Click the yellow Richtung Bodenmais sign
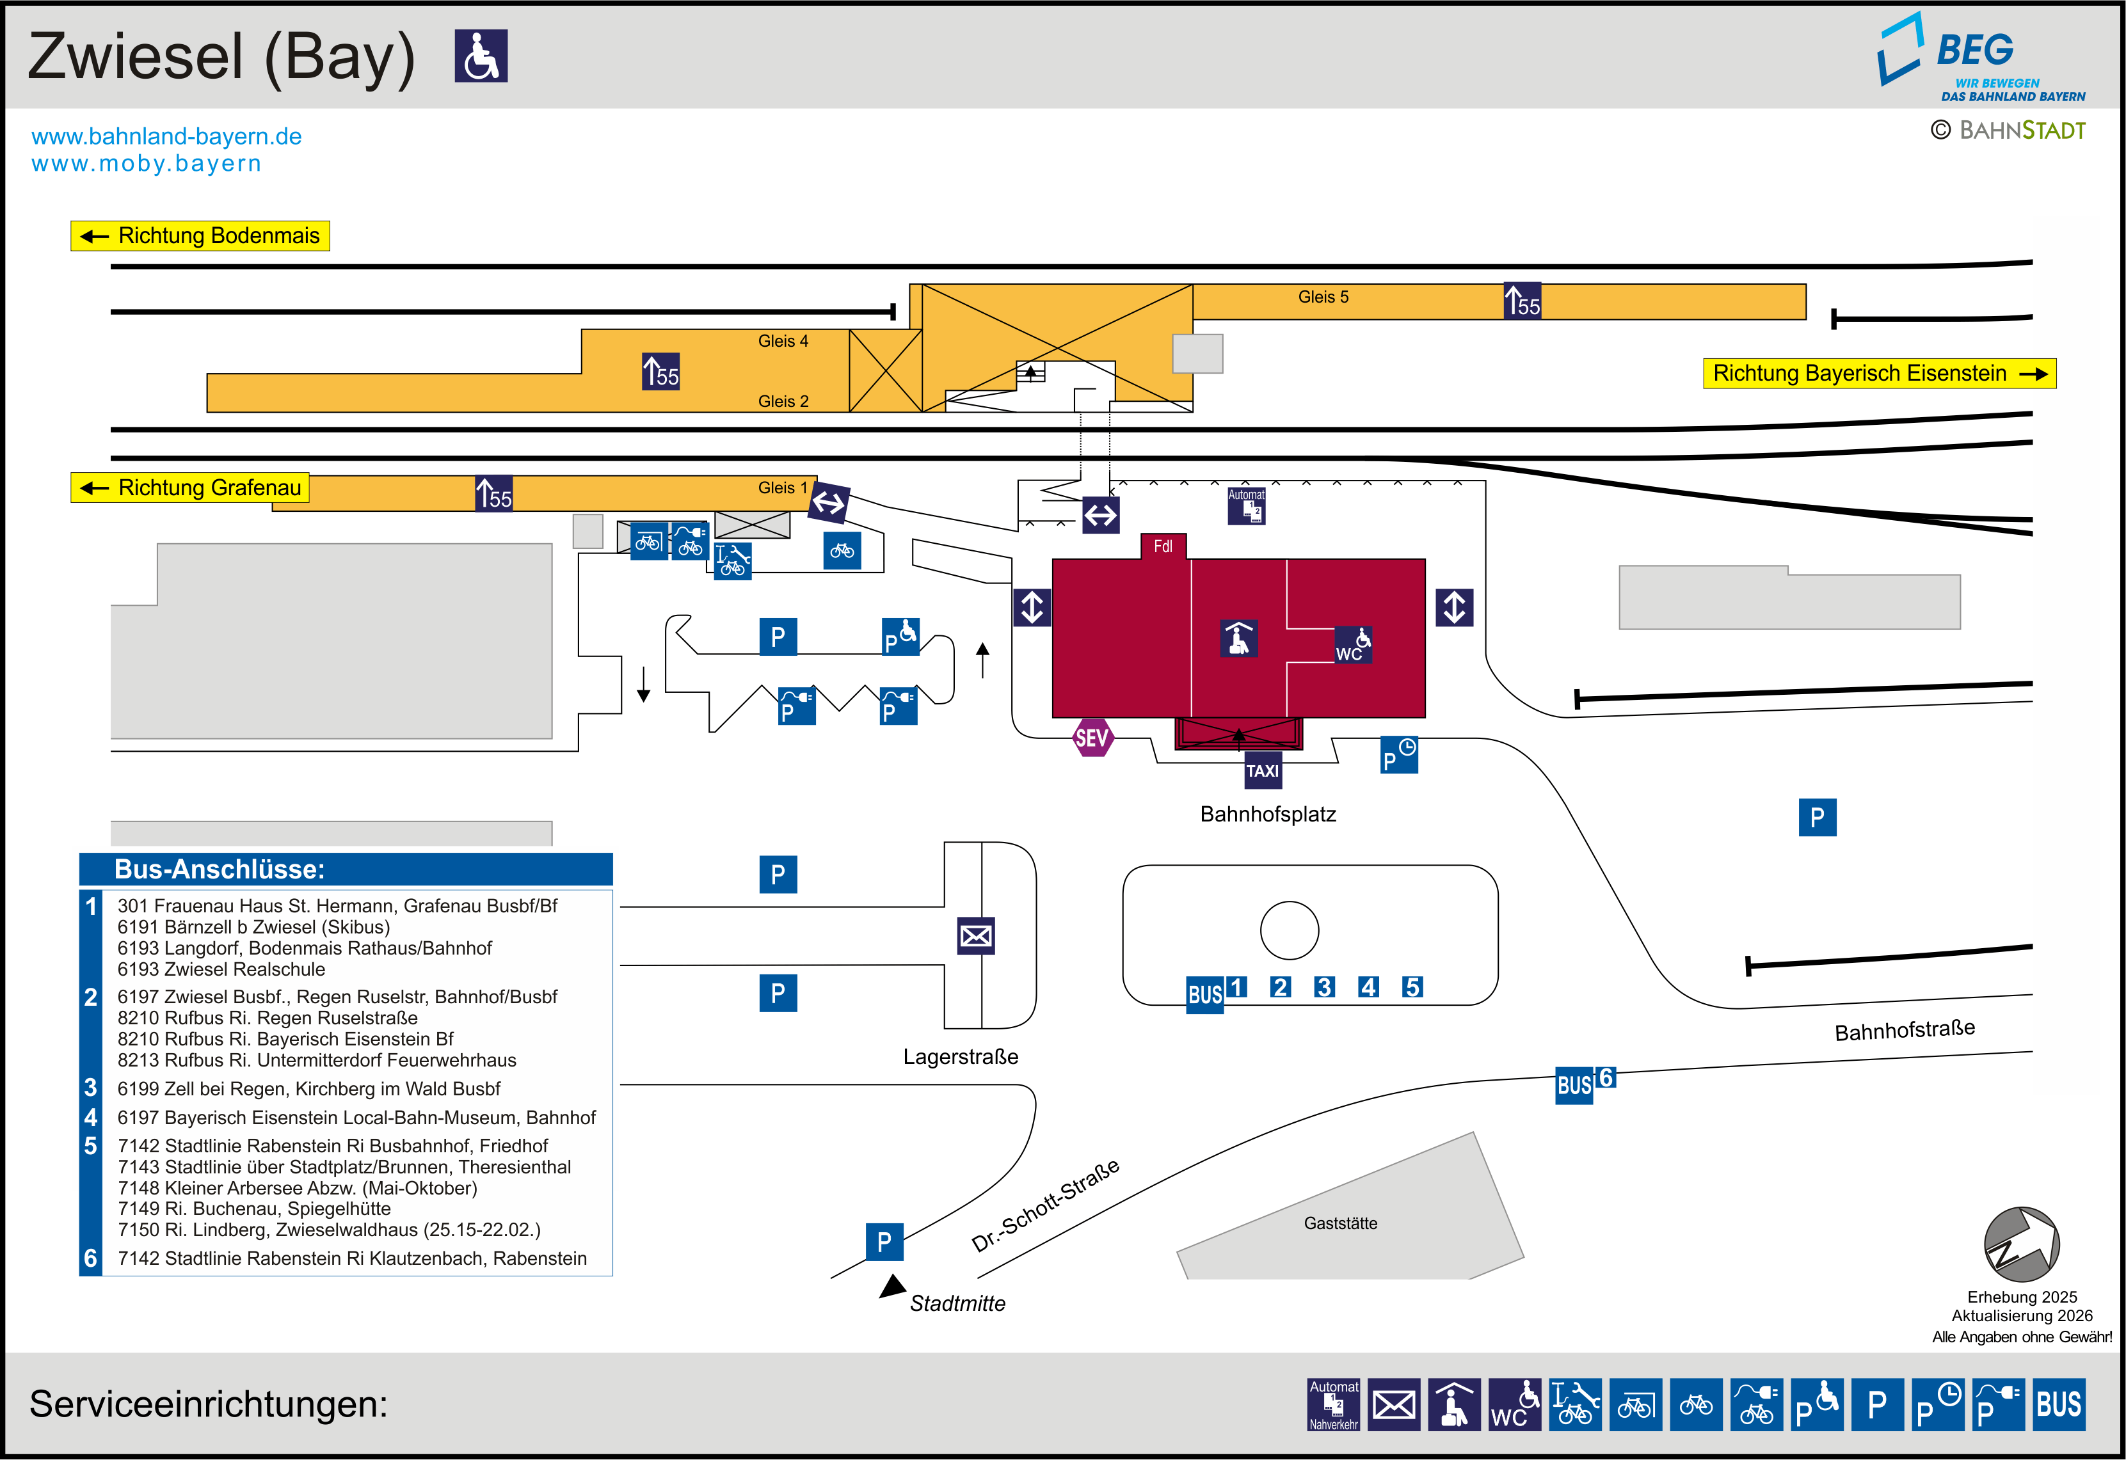coord(200,236)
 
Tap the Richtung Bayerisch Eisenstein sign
coord(1879,373)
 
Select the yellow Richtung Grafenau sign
coord(190,488)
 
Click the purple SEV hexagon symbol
coord(1092,737)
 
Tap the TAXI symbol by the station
coord(1263,771)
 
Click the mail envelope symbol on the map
coord(975,936)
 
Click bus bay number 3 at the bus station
coord(1323,987)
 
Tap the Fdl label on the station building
coord(1163,546)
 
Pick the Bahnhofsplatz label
coord(1268,814)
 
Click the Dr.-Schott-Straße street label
coord(1046,1206)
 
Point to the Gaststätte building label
coord(1340,1223)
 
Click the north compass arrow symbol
coord(2021,1244)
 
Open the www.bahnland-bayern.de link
coord(166,136)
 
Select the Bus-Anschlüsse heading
coord(220,869)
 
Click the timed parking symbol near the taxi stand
coord(1399,756)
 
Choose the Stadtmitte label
coord(957,1304)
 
